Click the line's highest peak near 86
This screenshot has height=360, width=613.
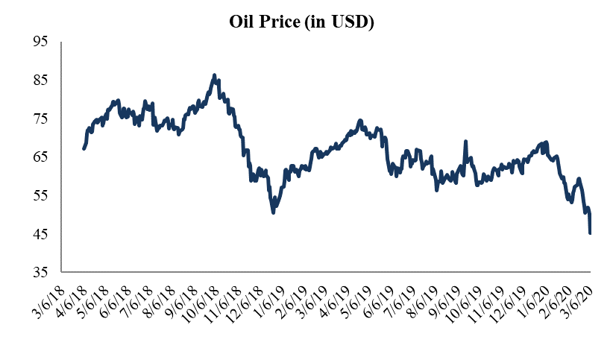pyautogui.click(x=214, y=75)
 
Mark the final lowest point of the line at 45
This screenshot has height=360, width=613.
pyautogui.click(x=591, y=233)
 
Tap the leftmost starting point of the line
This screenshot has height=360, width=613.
pyautogui.click(x=84, y=149)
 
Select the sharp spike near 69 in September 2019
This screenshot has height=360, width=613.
pyautogui.click(x=466, y=142)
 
